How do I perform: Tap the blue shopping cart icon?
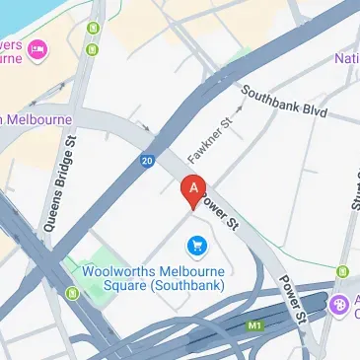click(196, 244)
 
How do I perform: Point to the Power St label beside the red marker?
click(221, 213)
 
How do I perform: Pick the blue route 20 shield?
click(147, 160)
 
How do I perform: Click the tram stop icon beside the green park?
click(72, 293)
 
